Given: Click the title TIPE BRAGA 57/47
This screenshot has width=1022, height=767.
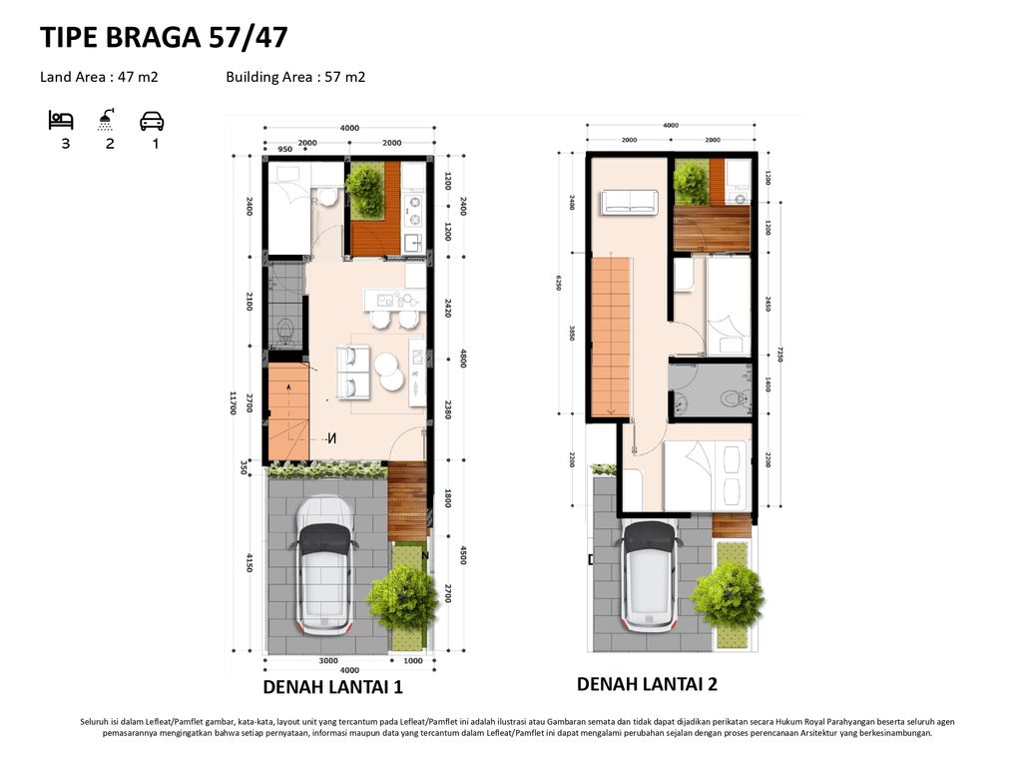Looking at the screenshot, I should pos(164,38).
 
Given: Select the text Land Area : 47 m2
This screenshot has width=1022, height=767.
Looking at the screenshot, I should pos(99,77).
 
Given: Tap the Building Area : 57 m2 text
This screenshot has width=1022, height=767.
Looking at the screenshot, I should pos(295,77).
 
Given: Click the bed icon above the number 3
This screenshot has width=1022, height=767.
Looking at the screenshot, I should pos(61,121).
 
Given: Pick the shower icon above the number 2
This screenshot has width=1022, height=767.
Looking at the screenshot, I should pos(106,120).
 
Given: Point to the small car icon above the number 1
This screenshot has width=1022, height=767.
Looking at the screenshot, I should pos(152,121).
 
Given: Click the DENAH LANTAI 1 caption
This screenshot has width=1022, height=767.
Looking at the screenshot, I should pos(332,687).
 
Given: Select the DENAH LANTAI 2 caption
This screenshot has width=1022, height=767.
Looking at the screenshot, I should pos(647,684).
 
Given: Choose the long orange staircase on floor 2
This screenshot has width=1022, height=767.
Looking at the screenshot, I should pos(611,336).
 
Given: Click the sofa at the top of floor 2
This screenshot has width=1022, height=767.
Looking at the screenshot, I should pos(629,203).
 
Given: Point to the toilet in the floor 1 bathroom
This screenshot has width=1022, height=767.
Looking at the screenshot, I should pos(283,329).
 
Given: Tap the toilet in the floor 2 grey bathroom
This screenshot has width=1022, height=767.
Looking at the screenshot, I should pos(734,396).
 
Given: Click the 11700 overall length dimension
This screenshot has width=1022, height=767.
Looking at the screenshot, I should pos(233,402).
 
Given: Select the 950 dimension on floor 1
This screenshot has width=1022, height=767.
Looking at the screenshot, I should pos(284,150).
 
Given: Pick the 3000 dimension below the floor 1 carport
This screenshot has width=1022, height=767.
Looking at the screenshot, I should pos(327,661).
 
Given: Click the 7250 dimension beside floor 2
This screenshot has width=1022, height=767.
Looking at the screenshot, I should pos(778,355).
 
